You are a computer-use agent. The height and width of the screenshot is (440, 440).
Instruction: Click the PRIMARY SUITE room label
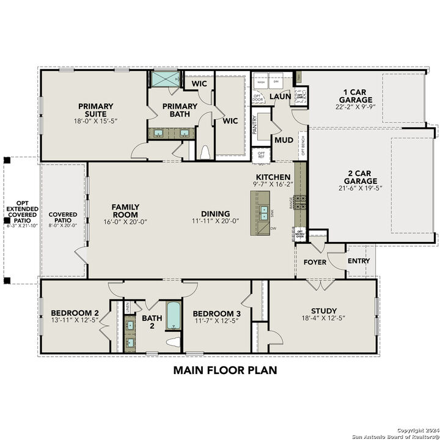click(96, 110)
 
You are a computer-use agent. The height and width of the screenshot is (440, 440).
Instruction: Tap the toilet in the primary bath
click(205, 152)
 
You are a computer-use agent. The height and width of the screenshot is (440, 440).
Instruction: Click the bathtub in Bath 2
click(174, 316)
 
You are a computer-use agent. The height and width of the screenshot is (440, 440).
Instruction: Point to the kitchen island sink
click(264, 213)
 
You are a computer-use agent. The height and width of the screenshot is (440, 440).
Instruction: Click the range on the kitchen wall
click(300, 202)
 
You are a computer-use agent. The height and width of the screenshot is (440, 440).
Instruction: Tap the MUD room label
click(284, 140)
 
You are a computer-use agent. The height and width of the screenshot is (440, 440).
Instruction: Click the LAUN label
click(280, 96)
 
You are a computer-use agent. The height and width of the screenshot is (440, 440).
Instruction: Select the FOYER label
click(315, 262)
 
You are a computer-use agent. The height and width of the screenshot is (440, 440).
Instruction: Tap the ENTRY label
click(358, 261)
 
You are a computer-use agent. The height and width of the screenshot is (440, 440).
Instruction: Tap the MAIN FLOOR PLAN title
click(225, 370)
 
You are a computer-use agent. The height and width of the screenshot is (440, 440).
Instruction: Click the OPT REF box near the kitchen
click(262, 155)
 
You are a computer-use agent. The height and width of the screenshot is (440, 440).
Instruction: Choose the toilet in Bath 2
click(174, 342)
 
